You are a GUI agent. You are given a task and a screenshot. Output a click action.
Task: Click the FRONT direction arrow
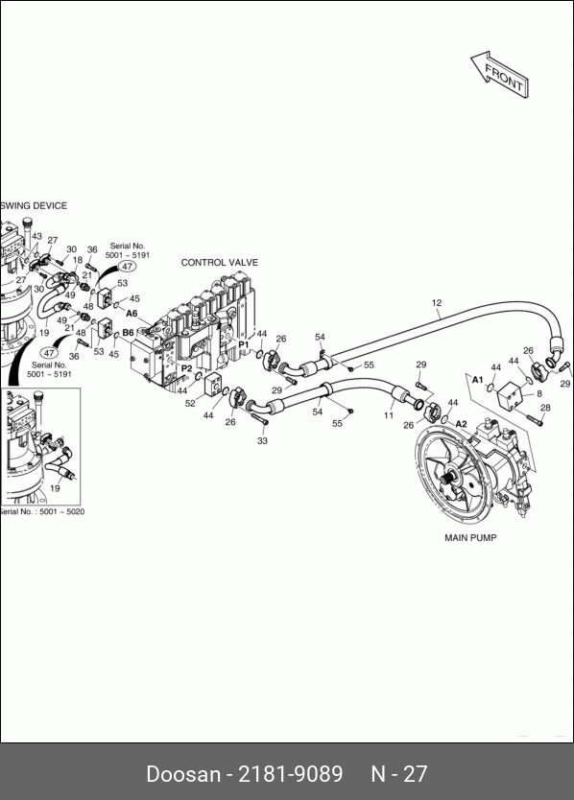500,76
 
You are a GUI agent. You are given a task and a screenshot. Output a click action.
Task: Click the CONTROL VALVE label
220,262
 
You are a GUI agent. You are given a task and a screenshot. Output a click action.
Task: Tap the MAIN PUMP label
470,537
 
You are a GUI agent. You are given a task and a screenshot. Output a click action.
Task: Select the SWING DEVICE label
34,205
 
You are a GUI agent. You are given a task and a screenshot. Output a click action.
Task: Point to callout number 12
437,302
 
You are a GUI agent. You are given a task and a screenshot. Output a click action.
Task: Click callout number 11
389,415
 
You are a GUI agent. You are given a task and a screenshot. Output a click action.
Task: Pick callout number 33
262,440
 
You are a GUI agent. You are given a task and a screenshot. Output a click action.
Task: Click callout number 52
190,403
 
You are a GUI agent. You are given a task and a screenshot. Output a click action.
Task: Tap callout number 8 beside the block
539,393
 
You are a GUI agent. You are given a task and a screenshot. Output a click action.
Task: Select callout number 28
545,407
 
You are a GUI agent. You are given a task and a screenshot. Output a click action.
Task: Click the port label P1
244,344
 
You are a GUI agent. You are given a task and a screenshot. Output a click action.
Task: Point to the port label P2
187,368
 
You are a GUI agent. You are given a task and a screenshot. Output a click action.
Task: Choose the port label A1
477,380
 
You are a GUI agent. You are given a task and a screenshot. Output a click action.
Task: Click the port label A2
461,423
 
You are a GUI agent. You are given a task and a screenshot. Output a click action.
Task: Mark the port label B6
128,333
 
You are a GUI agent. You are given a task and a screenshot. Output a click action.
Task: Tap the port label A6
132,314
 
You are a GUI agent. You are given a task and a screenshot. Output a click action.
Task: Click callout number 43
36,236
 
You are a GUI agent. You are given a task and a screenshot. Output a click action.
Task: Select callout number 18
77,260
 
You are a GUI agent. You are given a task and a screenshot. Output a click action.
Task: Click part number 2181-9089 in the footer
291,773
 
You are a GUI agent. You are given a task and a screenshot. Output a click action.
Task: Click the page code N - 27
399,773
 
